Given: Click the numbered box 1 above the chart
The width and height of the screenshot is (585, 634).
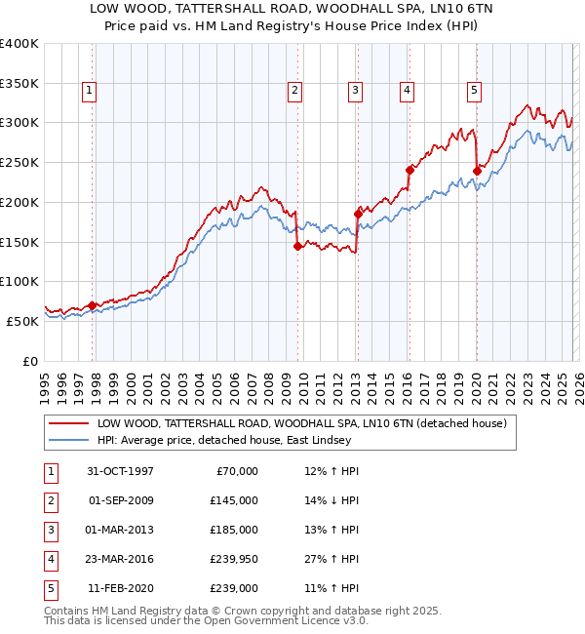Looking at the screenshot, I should (89, 91).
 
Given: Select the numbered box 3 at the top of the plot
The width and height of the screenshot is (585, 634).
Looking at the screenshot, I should (355, 91).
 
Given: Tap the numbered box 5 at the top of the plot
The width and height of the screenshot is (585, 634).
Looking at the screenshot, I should (474, 91).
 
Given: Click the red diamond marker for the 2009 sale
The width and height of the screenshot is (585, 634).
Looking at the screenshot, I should (296, 246).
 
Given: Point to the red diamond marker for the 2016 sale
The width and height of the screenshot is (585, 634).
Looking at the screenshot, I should (409, 169).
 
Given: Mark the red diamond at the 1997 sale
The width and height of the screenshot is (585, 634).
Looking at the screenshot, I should (93, 305).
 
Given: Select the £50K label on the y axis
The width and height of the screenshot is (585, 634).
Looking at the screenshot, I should (22, 321).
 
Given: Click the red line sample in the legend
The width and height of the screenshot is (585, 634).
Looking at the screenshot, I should (68, 424).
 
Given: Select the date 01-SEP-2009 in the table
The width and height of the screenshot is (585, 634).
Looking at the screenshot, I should (121, 500).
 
